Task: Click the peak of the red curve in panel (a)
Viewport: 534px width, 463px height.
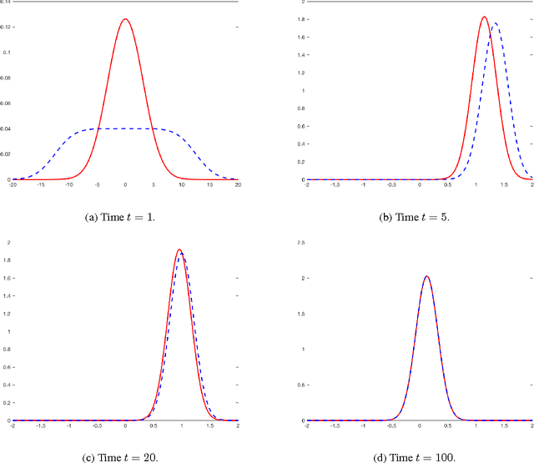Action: coord(125,19)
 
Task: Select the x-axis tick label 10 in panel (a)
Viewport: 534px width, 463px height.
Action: coord(181,185)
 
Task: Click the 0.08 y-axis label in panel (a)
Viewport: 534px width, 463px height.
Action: coord(5,78)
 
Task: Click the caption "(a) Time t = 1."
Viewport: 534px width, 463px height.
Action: coord(125,217)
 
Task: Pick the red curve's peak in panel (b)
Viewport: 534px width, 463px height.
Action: coord(484,17)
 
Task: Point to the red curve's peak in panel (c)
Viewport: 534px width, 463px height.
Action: coord(179,249)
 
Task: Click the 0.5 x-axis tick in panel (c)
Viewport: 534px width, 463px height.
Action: coord(154,426)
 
